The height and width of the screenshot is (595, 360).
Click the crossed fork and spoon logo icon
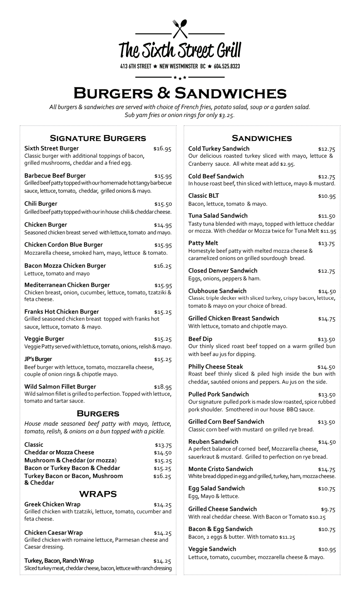coord(180,29)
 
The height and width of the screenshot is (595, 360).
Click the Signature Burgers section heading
coord(98,138)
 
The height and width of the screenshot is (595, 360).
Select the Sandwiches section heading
coord(262,138)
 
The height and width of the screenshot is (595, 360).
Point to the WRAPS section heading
coord(98,494)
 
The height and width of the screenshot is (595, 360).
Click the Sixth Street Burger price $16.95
coord(162,149)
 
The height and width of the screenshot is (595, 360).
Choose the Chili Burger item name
coord(41,204)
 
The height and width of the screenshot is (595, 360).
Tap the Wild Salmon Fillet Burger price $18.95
coord(163,387)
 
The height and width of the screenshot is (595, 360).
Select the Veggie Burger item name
coord(44,339)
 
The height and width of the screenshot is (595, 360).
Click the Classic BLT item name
coord(203,196)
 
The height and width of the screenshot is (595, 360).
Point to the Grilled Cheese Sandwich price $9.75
coord(328,509)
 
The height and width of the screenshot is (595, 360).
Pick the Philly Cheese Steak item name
coord(215,367)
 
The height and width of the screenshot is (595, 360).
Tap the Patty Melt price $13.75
coord(326,244)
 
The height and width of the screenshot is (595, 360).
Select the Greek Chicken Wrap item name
coord(52,504)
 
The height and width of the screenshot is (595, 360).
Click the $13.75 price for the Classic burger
coord(163,445)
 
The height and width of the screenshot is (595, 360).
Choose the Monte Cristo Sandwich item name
coord(220,469)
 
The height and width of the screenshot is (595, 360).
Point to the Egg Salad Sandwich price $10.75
coord(327,489)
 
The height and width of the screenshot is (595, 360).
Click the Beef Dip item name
coord(200,339)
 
